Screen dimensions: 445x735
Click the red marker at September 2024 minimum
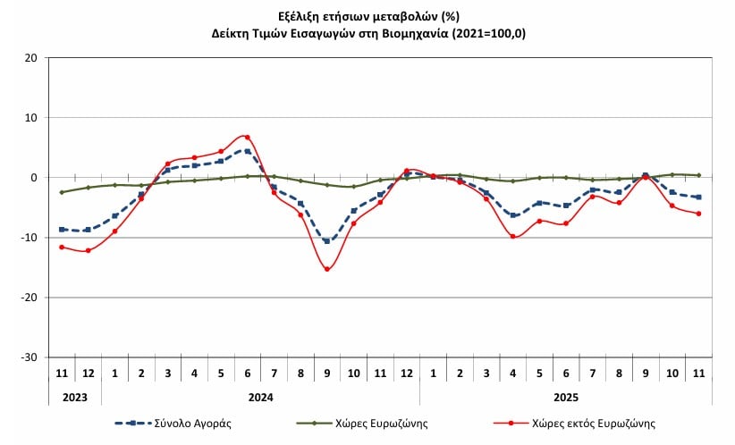click(x=327, y=269)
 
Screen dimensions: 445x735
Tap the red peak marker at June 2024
click(x=248, y=137)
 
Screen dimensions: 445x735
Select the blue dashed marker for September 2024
click(x=327, y=240)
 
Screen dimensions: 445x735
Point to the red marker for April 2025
click(x=513, y=236)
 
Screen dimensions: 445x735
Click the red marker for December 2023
click(x=88, y=250)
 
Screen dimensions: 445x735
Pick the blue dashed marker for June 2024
click(x=248, y=151)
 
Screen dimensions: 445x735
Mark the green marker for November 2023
click(x=62, y=192)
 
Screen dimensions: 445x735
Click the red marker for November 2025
click(x=698, y=214)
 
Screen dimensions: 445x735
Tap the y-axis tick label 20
click(x=32, y=58)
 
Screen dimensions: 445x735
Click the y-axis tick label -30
click(x=30, y=357)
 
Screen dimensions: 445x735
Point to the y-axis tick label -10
click(x=30, y=238)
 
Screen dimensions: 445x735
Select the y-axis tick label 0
click(x=35, y=178)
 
